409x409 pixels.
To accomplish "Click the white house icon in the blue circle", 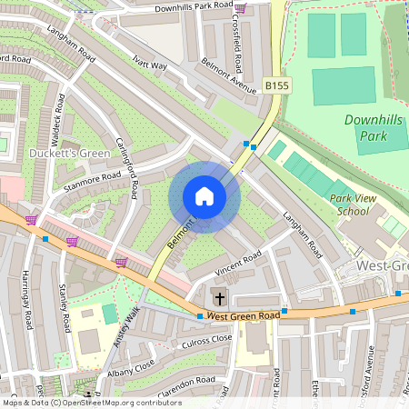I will point(204,196).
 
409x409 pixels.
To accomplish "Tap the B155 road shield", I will point(277,85).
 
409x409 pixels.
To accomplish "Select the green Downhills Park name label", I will point(377,128).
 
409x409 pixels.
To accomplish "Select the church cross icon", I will point(218,297).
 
